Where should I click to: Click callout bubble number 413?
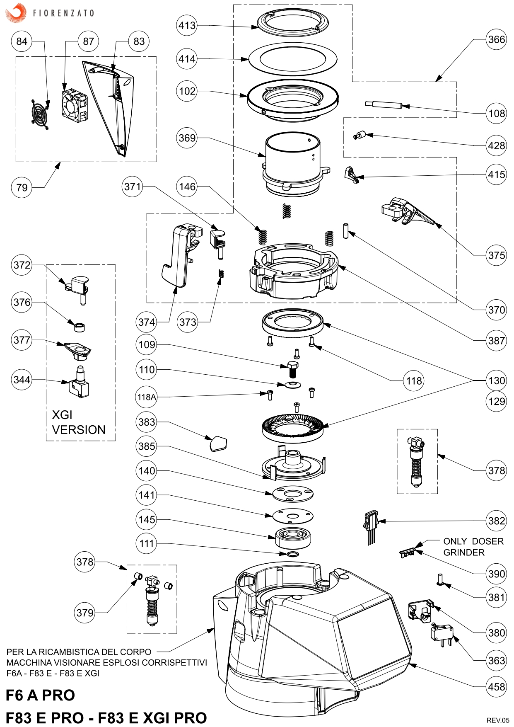pos(187,25)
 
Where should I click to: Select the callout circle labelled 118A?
pos(147,397)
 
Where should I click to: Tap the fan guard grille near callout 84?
pos(40,112)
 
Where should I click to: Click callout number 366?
pos(496,39)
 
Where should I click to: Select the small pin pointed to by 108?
pos(384,104)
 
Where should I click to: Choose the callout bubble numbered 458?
pos(496,687)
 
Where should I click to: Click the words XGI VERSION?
pos(78,422)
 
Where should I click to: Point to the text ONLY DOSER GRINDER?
pos(473,547)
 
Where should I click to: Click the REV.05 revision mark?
pos(497,720)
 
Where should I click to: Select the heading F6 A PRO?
pos(40,695)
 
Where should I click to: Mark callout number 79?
pos(22,187)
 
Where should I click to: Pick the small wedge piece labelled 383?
pos(218,443)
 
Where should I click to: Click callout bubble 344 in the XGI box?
pos(22,379)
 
